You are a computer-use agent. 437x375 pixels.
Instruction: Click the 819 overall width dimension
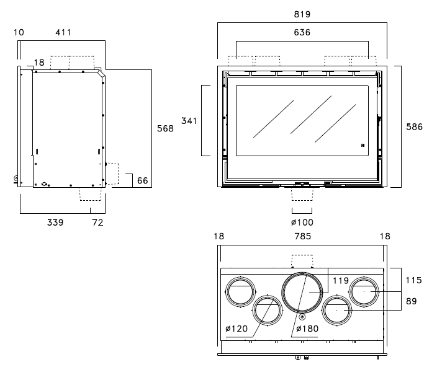302,14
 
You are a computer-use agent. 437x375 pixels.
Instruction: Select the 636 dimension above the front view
302,33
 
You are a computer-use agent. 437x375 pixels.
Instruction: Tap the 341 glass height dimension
189,121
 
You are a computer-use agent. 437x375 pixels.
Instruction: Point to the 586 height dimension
414,127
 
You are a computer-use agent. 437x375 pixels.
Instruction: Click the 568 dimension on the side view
165,129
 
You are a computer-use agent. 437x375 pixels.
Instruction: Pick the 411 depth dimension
63,33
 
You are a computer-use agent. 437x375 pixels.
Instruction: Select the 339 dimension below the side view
55,223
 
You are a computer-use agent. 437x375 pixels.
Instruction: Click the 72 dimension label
98,223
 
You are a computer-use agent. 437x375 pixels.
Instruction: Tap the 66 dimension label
142,180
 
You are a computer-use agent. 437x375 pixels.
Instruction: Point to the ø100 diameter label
302,223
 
